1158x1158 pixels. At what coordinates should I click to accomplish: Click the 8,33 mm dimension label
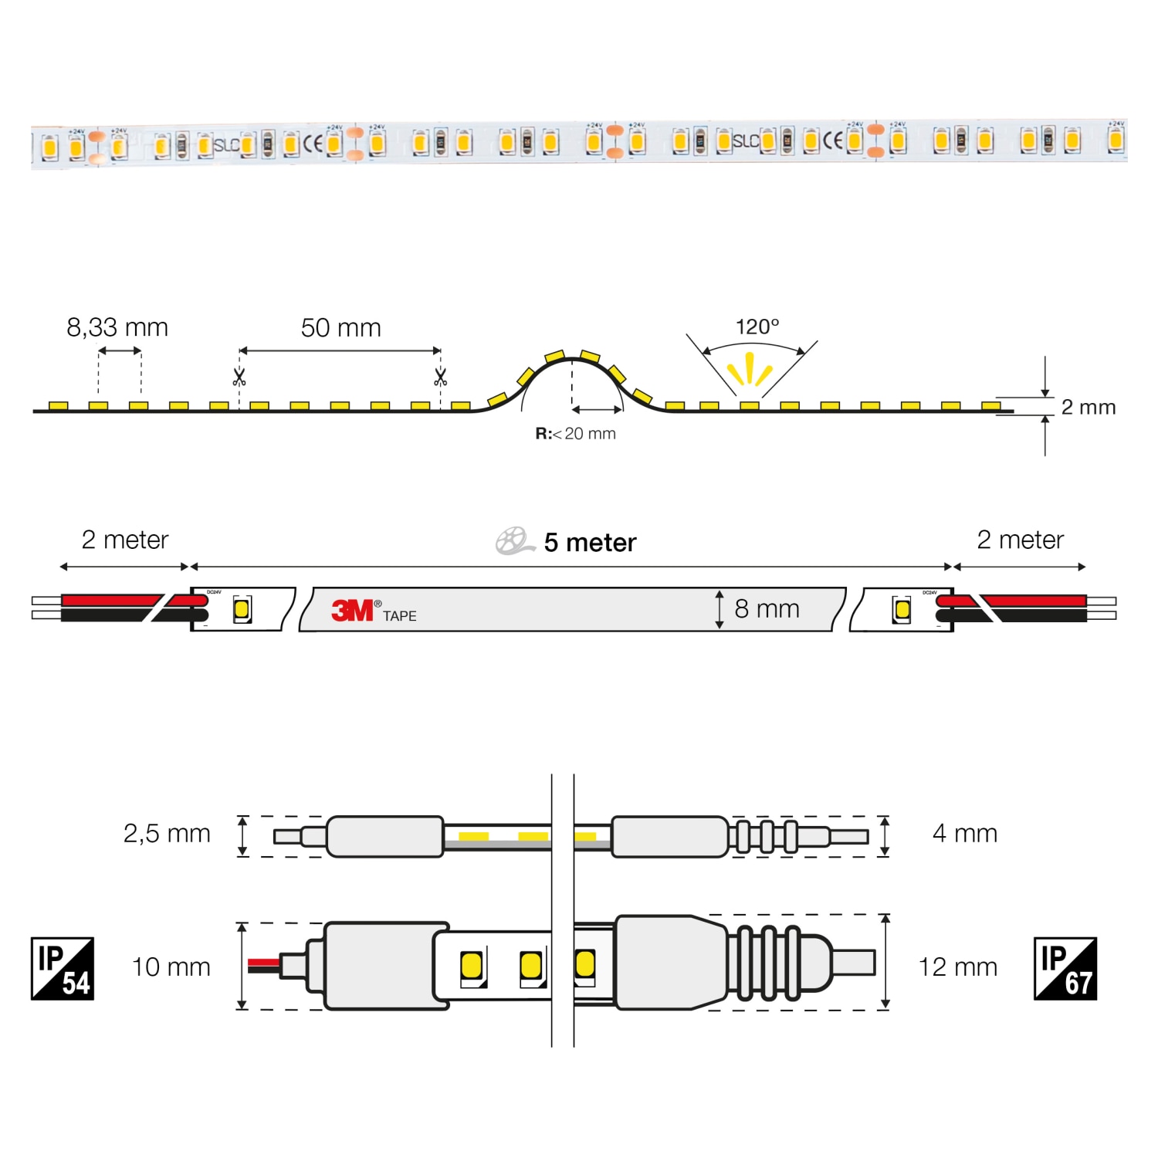(117, 327)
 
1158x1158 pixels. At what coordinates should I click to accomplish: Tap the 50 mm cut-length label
(340, 328)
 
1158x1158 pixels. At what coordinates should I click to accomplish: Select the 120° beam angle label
(757, 327)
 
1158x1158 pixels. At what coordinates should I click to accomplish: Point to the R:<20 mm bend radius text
(576, 434)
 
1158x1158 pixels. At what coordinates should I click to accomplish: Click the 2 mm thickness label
(1088, 407)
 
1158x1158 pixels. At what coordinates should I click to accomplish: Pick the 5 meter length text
(590, 543)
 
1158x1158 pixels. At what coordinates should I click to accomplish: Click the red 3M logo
(352, 611)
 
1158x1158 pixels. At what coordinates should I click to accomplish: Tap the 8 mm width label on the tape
(767, 609)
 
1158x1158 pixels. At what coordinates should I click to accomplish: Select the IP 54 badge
(63, 969)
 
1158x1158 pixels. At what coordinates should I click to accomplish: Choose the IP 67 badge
(1065, 969)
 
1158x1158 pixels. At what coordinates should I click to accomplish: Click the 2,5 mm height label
(167, 834)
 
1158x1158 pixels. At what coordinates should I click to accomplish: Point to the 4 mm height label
(964, 834)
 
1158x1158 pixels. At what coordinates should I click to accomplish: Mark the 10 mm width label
(171, 967)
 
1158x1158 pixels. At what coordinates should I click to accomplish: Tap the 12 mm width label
(957, 967)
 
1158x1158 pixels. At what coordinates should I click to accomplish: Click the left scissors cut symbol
(239, 378)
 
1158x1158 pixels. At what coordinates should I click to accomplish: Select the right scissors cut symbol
(440, 378)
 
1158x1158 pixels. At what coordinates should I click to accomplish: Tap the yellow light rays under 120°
(749, 369)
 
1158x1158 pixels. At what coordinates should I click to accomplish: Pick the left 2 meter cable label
(124, 540)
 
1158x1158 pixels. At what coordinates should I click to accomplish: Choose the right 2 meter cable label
(1020, 540)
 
